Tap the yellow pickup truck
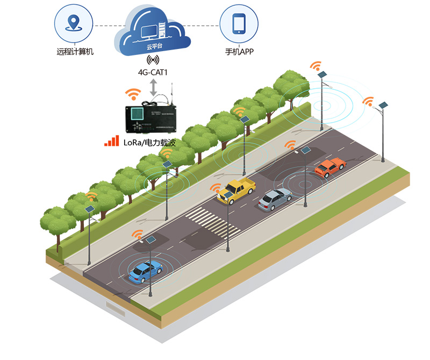(x=237, y=190)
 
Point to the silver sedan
(x=275, y=200)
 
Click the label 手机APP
(x=239, y=52)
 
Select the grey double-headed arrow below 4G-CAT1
(x=154, y=87)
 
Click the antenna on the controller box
(x=172, y=91)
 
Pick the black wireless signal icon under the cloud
(x=154, y=60)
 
